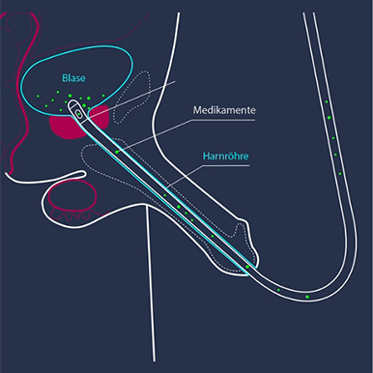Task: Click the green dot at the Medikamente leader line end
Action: click(116, 151)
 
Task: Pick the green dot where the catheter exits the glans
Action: click(248, 265)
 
